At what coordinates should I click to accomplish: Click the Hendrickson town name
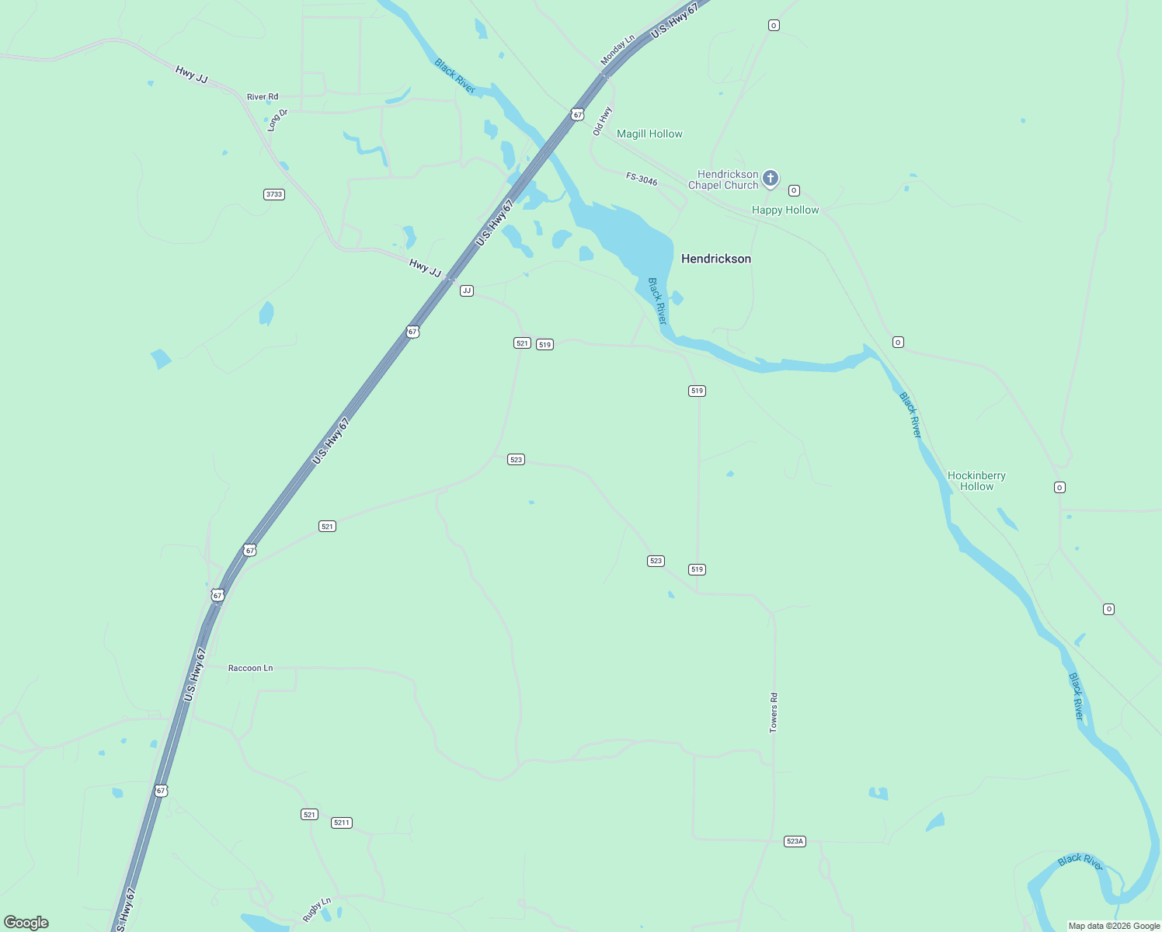pyautogui.click(x=715, y=259)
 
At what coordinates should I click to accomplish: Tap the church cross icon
pyautogui.click(x=770, y=179)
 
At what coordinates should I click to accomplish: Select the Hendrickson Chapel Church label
pyautogui.click(x=723, y=179)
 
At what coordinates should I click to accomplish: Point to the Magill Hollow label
pyautogui.click(x=649, y=134)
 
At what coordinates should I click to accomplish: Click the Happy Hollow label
pyautogui.click(x=785, y=210)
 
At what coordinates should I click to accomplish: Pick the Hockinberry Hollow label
pyautogui.click(x=976, y=481)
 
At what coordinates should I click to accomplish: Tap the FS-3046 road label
pyautogui.click(x=642, y=179)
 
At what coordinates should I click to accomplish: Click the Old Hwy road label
pyautogui.click(x=602, y=121)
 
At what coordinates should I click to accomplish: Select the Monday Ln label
pyautogui.click(x=618, y=50)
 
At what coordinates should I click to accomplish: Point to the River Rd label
pyautogui.click(x=263, y=97)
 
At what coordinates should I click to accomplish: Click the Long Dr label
pyautogui.click(x=277, y=120)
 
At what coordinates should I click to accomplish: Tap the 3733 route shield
pyautogui.click(x=274, y=194)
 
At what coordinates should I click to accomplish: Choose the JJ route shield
pyautogui.click(x=467, y=290)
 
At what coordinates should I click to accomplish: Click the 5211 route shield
pyautogui.click(x=342, y=822)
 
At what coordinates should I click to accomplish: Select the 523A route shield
pyautogui.click(x=795, y=841)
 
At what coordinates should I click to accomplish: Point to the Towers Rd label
pyautogui.click(x=774, y=713)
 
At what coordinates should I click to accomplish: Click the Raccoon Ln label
pyautogui.click(x=250, y=668)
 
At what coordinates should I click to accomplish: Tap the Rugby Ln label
pyautogui.click(x=317, y=909)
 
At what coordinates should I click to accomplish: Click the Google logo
pyautogui.click(x=26, y=923)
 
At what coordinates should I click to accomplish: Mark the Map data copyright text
pyautogui.click(x=1114, y=926)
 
